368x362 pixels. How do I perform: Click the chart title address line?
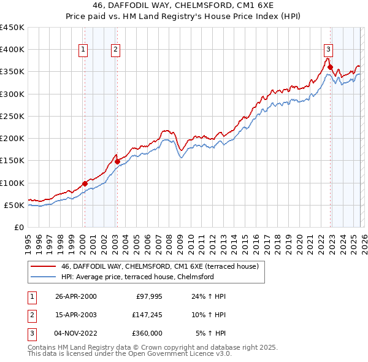[x=184, y=6]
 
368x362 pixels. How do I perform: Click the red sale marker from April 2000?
[x=85, y=183]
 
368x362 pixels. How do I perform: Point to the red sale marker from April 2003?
[x=117, y=161]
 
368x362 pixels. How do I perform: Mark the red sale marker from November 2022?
[x=330, y=67]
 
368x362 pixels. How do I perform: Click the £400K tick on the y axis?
[x=12, y=50]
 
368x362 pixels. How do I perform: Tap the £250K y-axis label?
[x=12, y=116]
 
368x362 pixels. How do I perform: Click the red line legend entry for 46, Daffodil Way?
[x=160, y=266]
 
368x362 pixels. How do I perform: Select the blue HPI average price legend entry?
[x=137, y=277]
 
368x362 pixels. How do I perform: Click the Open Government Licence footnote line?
[x=129, y=354]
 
